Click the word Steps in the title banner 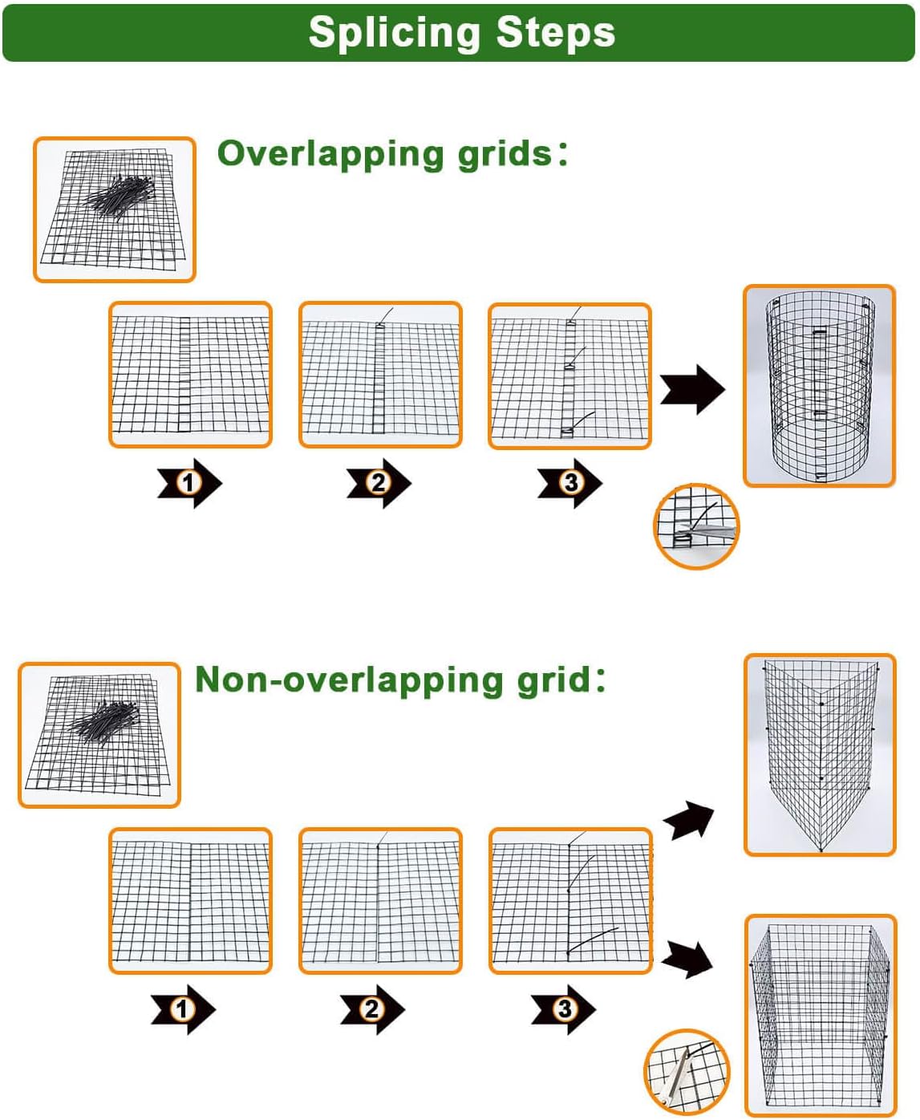555,34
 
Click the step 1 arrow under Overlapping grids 189,483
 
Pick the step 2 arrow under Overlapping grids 379,483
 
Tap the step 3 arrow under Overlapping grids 569,483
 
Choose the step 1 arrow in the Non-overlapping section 183,1009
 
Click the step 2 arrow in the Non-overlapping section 372,1009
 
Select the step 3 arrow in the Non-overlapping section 563,1009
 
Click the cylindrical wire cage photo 819,386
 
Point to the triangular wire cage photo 820,755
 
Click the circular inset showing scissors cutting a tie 696,526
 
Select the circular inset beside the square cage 687,1072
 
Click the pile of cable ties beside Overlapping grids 122,195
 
